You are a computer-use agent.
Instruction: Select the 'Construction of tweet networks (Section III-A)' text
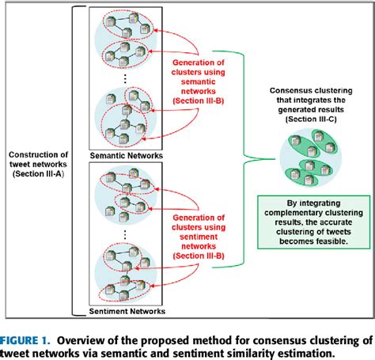click(x=38, y=163)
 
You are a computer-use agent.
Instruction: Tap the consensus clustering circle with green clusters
click(x=311, y=157)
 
